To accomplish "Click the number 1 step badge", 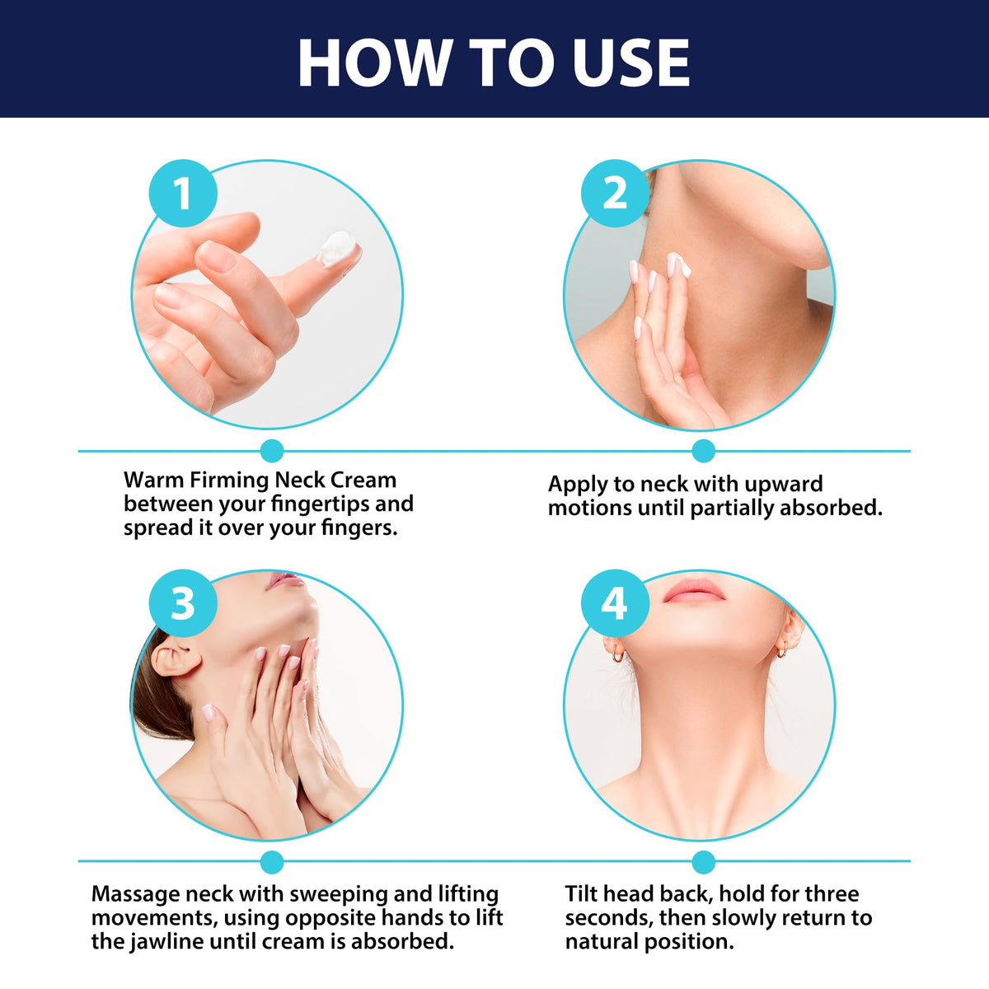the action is [183, 193].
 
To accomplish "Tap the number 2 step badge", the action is [615, 193].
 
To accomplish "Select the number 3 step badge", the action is [183, 603].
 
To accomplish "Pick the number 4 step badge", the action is [615, 603].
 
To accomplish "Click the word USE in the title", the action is [631, 63].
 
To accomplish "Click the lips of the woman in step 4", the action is [693, 591].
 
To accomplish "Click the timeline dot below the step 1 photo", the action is [272, 451].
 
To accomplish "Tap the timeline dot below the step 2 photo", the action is [704, 451].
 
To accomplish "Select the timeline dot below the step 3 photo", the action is [272, 861].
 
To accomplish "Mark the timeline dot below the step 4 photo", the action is [704, 861].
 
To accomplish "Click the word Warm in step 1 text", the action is [154, 480].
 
